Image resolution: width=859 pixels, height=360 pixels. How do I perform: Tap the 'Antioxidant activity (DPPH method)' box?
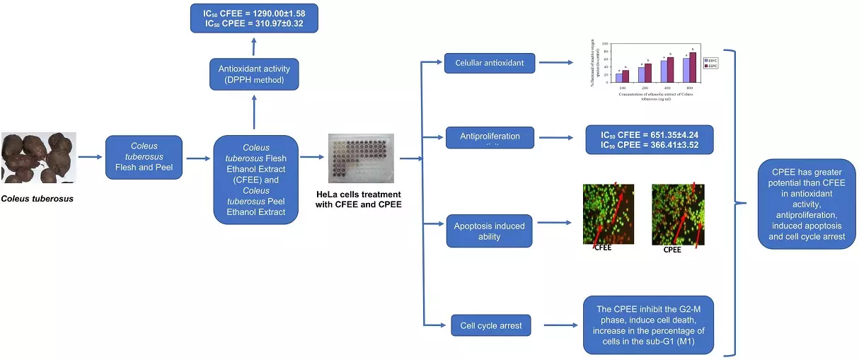pyautogui.click(x=254, y=74)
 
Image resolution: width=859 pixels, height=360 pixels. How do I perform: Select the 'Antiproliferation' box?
pyautogui.click(x=490, y=137)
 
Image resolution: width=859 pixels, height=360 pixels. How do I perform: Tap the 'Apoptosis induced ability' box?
pyautogui.click(x=490, y=231)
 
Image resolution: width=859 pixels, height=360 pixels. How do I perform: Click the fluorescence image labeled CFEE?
pyautogui.click(x=608, y=214)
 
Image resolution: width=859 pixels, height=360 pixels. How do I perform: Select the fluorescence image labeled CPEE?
pyautogui.click(x=677, y=214)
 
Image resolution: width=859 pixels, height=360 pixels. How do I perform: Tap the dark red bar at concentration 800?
pyautogui.click(x=693, y=68)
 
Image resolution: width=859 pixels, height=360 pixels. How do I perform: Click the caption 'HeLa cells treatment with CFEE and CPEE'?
pyautogui.click(x=359, y=199)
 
